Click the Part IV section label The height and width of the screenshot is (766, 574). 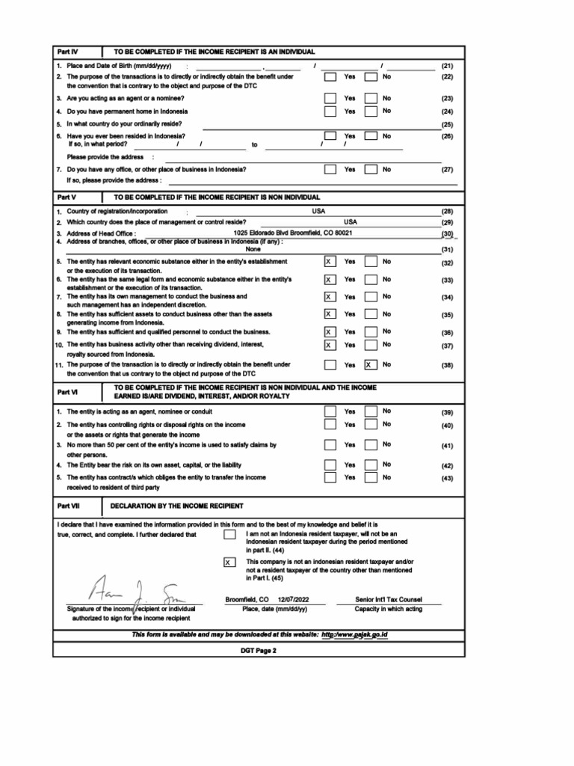click(x=67, y=52)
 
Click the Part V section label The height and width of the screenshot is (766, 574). click(x=67, y=197)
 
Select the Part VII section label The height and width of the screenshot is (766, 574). click(x=68, y=506)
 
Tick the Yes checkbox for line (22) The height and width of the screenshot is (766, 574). click(x=330, y=77)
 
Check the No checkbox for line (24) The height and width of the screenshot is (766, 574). click(x=370, y=111)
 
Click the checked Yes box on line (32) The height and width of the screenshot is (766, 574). click(x=330, y=263)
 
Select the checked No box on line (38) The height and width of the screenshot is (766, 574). click(x=370, y=365)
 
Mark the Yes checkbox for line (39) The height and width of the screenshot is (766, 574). click(x=330, y=411)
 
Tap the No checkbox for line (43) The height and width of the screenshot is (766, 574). click(x=370, y=477)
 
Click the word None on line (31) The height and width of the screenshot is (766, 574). click(x=253, y=250)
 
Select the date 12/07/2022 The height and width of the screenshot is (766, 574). click(x=292, y=600)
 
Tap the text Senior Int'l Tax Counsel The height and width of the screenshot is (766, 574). click(x=388, y=600)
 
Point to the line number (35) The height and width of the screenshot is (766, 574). click(x=447, y=316)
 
